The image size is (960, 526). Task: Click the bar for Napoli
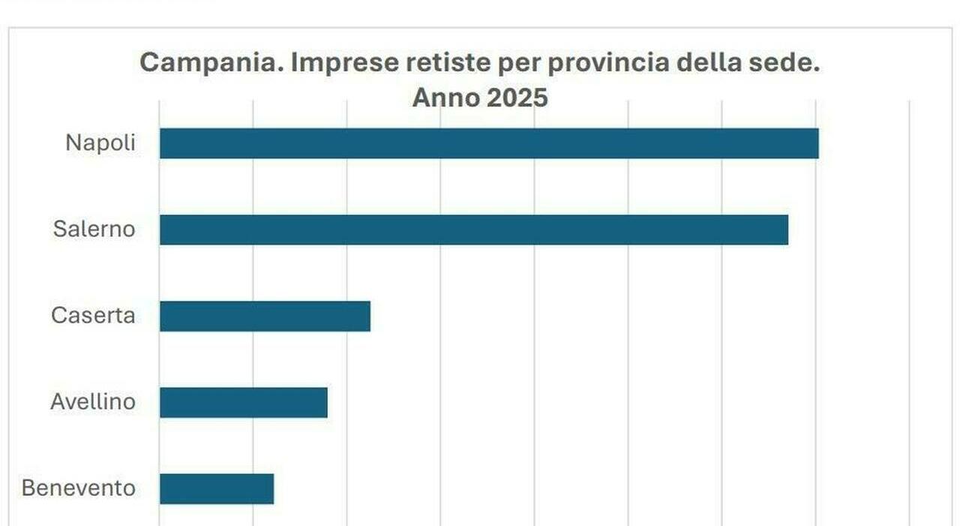click(489, 143)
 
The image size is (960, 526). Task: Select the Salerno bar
click(474, 230)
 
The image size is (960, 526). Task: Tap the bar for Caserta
click(265, 316)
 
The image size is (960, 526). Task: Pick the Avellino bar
click(244, 402)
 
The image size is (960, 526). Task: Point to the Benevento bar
click(217, 488)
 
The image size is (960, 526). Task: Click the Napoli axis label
click(100, 143)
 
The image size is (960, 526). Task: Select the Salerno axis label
click(94, 229)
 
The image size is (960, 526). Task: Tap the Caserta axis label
click(93, 315)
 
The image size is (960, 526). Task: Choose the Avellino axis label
click(93, 401)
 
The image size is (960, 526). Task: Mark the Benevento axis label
click(79, 488)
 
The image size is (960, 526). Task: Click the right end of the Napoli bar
click(816, 143)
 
